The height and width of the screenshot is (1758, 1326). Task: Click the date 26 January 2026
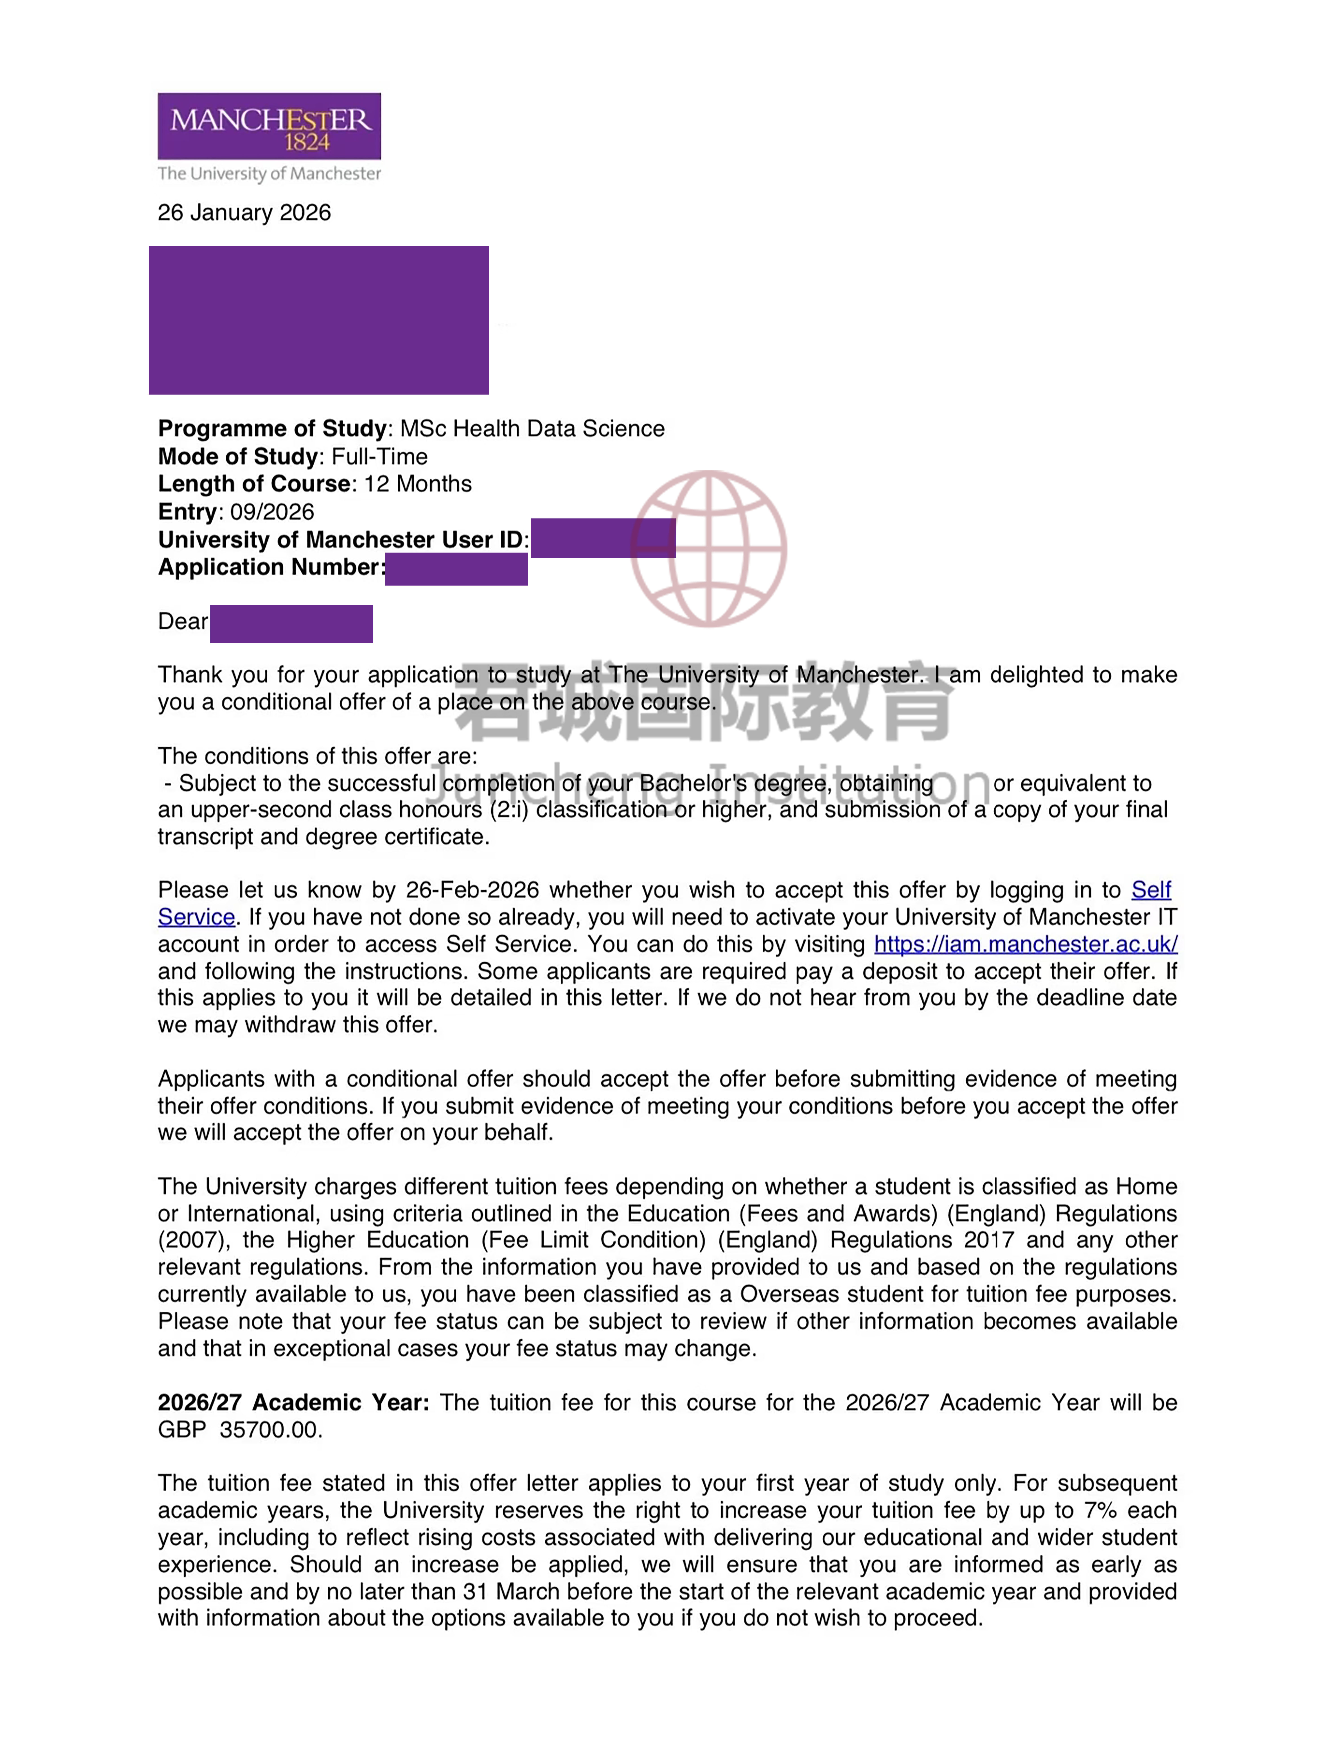tap(244, 213)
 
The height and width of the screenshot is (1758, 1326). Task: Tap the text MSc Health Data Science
tap(532, 429)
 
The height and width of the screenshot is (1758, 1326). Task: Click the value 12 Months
tap(417, 484)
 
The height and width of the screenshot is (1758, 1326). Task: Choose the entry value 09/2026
tap(272, 512)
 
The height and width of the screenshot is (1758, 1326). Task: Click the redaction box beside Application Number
tap(456, 569)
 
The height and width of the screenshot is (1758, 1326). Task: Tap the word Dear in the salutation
tap(182, 621)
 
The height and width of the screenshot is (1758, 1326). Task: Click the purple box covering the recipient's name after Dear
tap(291, 624)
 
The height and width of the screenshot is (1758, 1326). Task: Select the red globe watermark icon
tap(708, 548)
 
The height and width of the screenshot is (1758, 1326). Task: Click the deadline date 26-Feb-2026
tap(472, 890)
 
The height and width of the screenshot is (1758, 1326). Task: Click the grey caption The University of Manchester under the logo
tap(269, 174)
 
